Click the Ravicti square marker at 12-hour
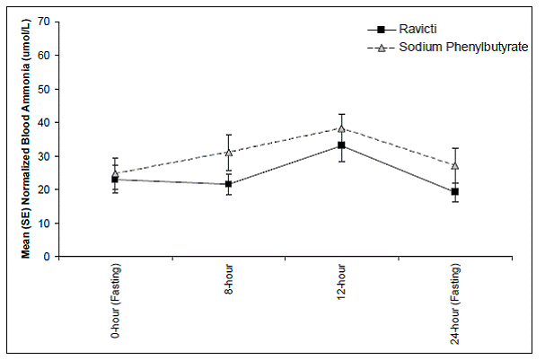click(341, 145)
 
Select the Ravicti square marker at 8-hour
click(228, 184)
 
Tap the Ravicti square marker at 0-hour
click(115, 180)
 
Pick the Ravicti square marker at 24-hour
click(455, 191)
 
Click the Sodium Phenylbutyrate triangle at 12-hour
click(341, 128)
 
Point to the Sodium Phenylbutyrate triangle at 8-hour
click(228, 153)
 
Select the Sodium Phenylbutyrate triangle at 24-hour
click(455, 165)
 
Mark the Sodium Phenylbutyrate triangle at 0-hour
click(115, 172)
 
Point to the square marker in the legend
click(380, 28)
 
